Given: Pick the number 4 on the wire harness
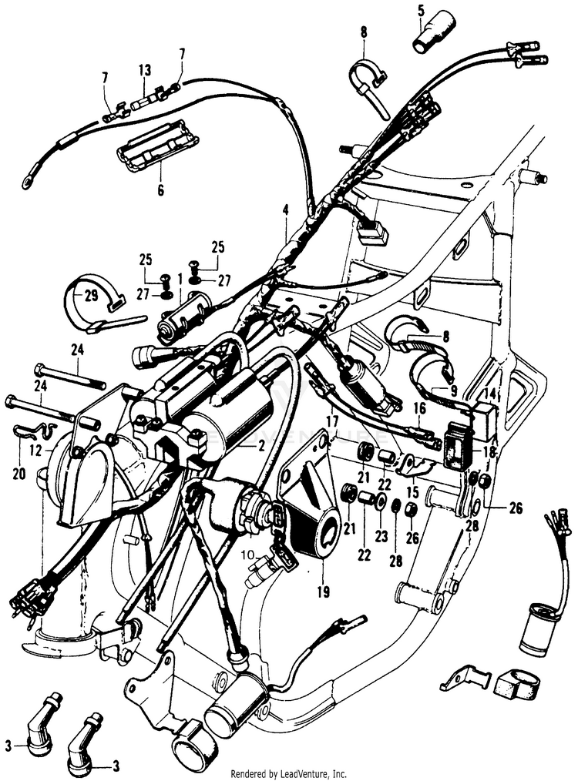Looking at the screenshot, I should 285,209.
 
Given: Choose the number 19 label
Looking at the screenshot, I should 322,592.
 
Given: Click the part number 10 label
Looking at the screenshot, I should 245,555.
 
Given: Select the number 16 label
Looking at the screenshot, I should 419,408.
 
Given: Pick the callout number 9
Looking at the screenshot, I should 454,392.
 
